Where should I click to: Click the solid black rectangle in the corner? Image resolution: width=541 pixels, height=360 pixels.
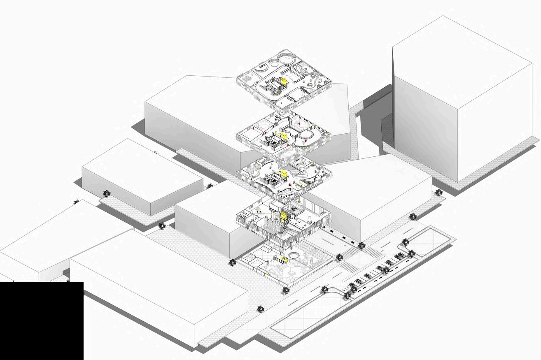point(41,321)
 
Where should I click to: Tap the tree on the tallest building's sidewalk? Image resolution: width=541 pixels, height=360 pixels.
point(439,192)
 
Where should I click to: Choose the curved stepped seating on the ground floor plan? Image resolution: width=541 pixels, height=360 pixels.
point(317,252)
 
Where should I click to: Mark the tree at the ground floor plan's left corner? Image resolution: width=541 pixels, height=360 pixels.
point(233,262)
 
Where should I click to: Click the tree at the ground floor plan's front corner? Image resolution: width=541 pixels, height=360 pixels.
point(286,291)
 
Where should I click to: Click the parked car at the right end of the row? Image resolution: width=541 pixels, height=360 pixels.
point(399,256)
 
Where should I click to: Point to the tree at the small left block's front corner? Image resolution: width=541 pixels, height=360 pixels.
point(162,225)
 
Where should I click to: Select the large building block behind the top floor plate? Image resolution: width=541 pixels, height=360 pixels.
point(194,119)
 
